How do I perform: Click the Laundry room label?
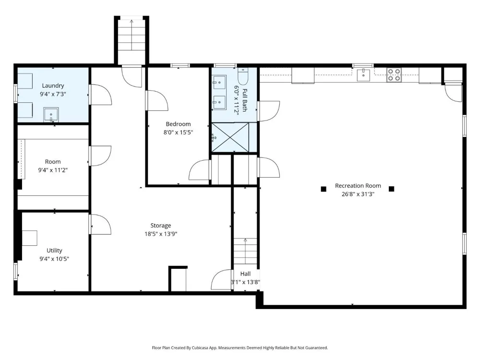pos(53,86)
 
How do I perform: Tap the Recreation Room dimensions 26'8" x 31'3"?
pos(358,194)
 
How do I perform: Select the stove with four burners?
pos(394,75)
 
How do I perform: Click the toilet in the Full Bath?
pos(243,76)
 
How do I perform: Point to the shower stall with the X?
pos(230,137)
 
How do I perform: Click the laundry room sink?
pos(51,115)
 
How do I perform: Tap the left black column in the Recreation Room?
pos(323,189)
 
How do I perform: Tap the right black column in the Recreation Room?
pos(391,189)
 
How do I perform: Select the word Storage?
pos(161,226)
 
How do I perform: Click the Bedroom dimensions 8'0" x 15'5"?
pos(178,132)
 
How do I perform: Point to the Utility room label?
pos(54,251)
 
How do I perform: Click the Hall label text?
pos(245,274)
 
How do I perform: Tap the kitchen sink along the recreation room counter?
pos(363,75)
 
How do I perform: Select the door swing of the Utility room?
pos(100,224)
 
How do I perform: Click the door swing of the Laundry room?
pos(100,95)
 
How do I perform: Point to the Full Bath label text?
pos(245,100)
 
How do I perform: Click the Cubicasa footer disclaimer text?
pos(240,348)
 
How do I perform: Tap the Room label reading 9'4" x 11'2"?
pos(53,170)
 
